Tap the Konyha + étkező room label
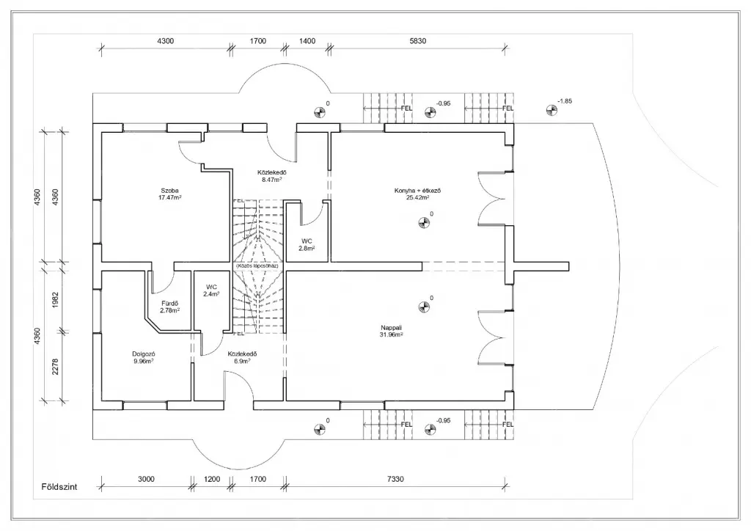click(x=411, y=194)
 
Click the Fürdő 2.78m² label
click(x=170, y=307)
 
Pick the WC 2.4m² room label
click(x=211, y=290)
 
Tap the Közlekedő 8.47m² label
click(x=272, y=175)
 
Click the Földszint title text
click(x=60, y=486)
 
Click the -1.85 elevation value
click(x=565, y=100)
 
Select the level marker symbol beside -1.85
click(x=552, y=111)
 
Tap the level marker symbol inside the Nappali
click(x=422, y=307)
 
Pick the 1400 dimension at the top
click(x=307, y=41)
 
